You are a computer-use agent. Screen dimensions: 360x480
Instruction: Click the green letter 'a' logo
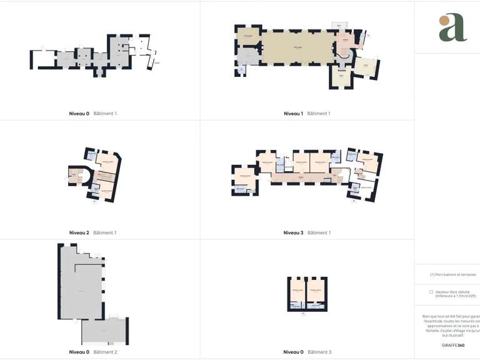coord(452,27)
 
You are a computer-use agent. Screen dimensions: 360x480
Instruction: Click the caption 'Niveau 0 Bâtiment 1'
coord(93,114)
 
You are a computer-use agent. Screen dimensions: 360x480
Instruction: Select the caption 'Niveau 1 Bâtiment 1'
coord(306,114)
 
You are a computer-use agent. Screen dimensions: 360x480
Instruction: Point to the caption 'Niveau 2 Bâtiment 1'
coord(93,232)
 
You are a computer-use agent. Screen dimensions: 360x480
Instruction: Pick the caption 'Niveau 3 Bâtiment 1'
coord(306,232)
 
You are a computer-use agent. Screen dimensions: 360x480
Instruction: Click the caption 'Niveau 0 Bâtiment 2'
coord(93,352)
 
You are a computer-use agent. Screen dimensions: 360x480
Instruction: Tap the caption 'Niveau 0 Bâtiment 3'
coord(306,352)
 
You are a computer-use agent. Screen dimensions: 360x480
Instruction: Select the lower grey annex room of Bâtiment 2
coord(104,331)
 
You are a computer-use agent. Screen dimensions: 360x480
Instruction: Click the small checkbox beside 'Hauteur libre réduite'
coord(431,292)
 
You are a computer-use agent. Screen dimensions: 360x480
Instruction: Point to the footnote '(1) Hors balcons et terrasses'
coord(453,274)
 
